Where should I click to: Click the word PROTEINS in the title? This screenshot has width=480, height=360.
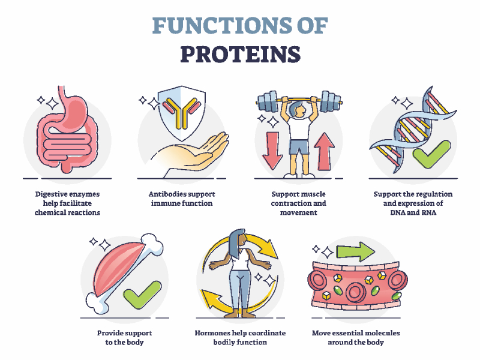[x=241, y=55]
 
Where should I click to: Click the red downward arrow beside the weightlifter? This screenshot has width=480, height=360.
[x=272, y=151]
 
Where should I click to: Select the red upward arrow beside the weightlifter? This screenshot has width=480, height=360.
[x=324, y=151]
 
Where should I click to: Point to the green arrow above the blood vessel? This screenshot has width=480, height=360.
[x=355, y=251]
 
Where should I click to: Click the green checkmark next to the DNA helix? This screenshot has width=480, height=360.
[x=431, y=154]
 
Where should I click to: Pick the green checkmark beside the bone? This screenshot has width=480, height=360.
[x=142, y=295]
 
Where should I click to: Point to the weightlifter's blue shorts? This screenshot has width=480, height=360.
[x=299, y=147]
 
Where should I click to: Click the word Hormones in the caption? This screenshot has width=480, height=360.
[x=212, y=333]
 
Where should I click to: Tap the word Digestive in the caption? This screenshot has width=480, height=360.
[x=50, y=194]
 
